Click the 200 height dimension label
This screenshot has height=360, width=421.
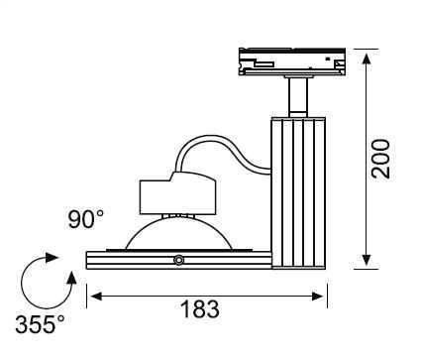point(380,159)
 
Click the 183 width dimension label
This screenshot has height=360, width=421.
point(200,309)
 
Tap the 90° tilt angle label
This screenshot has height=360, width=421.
point(86,219)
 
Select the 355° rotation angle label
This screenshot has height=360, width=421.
point(40,324)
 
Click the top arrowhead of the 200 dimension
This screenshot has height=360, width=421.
point(367,59)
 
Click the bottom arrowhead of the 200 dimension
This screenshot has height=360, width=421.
point(367,261)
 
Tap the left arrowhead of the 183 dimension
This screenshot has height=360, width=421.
point(96,297)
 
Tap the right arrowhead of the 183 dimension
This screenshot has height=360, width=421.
point(318,297)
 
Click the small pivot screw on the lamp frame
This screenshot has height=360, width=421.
point(178,260)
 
